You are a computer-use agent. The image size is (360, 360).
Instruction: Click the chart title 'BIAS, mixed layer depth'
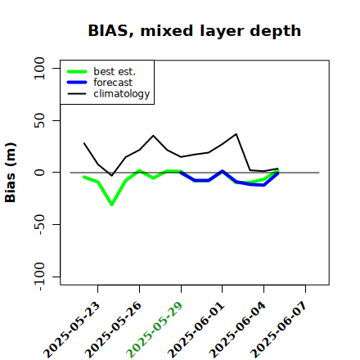pyautogui.click(x=195, y=31)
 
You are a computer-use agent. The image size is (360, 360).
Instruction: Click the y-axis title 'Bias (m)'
pyautogui.click(x=11, y=173)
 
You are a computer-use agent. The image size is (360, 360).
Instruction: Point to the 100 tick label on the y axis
pyautogui.click(x=39, y=68)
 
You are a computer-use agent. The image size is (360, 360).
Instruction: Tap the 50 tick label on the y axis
pyautogui.click(x=39, y=120)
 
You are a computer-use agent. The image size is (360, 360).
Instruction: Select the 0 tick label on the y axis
pyautogui.click(x=39, y=173)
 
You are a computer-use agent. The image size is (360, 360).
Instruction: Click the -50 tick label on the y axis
pyautogui.click(x=39, y=224)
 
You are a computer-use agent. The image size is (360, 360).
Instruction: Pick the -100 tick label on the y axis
pyautogui.click(x=39, y=277)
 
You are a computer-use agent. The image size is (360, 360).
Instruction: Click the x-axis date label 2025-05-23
pyautogui.click(x=72, y=330)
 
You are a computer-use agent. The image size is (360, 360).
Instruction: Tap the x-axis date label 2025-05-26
pyautogui.click(x=114, y=330)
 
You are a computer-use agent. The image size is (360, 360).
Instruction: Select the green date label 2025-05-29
pyautogui.click(x=155, y=330)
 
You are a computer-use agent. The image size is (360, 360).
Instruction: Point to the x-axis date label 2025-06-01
pyautogui.click(x=196, y=330)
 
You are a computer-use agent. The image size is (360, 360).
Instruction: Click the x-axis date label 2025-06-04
pyautogui.click(x=238, y=330)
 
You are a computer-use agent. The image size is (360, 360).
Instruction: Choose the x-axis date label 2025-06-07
pyautogui.click(x=279, y=330)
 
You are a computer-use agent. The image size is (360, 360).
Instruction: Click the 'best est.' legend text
pyautogui.click(x=115, y=71)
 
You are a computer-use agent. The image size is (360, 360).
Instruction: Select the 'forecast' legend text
pyautogui.click(x=113, y=83)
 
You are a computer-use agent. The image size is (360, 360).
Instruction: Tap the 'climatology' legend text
pyautogui.click(x=122, y=94)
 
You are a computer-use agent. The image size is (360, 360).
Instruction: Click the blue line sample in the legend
pyautogui.click(x=77, y=83)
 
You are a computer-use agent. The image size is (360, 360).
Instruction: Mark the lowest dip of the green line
pyautogui.click(x=112, y=205)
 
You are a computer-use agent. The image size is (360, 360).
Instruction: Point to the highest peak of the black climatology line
pyautogui.click(x=236, y=134)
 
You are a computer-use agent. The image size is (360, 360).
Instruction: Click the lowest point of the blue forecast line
pyautogui.click(x=263, y=185)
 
